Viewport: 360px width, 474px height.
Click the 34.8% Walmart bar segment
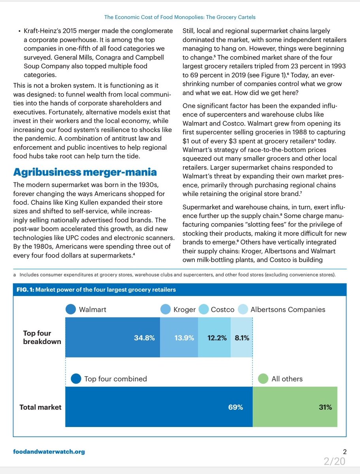112,338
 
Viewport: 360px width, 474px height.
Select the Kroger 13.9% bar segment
179,338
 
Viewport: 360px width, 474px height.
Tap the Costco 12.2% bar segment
214,338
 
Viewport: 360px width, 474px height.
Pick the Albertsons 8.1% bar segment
241,338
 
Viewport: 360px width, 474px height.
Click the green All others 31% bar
295,407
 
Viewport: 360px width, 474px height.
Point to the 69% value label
236,407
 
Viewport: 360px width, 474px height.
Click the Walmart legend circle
71,310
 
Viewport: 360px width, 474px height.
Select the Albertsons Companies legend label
288,310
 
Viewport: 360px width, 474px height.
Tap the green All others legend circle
263,379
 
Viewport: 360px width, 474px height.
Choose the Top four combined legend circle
76,379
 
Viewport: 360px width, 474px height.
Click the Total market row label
40,407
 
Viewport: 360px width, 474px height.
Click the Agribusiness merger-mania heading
85,172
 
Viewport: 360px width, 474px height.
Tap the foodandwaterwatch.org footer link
49,452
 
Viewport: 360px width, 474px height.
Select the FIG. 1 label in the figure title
25,290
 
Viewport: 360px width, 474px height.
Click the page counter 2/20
334,461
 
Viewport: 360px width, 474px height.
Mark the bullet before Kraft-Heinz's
19,31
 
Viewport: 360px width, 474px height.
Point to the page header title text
180,17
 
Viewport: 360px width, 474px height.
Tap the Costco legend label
222,310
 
